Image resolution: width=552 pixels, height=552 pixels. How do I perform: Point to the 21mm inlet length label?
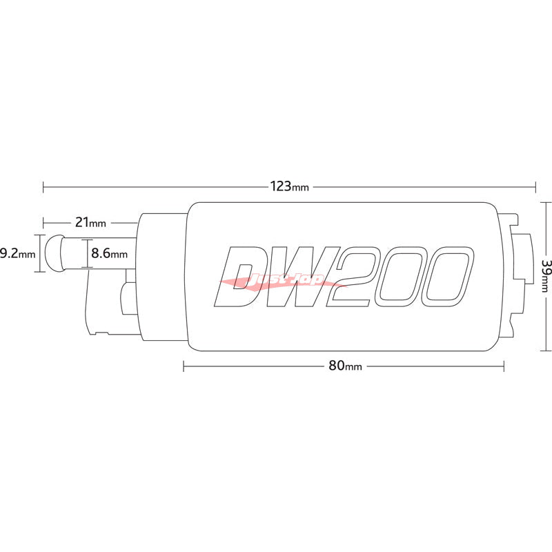click(x=90, y=223)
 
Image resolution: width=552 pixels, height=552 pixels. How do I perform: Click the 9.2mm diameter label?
click(x=17, y=253)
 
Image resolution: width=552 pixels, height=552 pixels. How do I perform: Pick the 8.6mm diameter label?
click(x=110, y=253)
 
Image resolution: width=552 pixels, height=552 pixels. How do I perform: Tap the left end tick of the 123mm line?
click(x=43, y=186)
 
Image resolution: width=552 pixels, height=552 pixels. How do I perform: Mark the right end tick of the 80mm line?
click(x=504, y=366)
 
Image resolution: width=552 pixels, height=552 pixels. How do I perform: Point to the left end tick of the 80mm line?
click(x=184, y=366)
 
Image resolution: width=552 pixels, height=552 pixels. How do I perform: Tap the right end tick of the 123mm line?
click(x=535, y=186)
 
